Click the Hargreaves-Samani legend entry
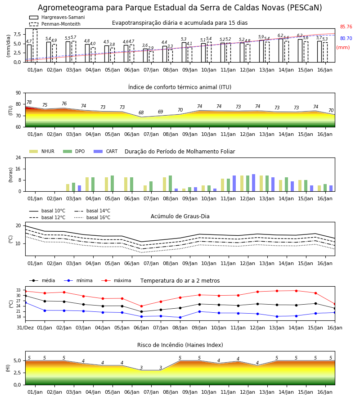tap(57, 17)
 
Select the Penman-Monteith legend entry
tap(55, 24)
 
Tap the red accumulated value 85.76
tap(346, 27)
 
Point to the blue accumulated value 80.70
tap(346, 38)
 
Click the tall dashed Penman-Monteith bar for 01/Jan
tap(35, 46)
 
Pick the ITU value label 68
tap(141, 112)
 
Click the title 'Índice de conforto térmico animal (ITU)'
tap(180, 87)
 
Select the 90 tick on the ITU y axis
tap(18, 93)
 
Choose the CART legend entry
tap(105, 151)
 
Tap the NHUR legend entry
tap(41, 151)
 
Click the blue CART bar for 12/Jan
tap(254, 183)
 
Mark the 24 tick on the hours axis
tap(18, 157)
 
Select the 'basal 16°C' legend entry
tap(92, 217)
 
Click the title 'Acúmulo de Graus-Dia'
tap(180, 216)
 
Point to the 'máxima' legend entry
tap(116, 280)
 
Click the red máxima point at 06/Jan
tap(141, 306)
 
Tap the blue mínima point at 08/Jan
tap(180, 317)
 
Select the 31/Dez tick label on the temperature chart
tap(25, 328)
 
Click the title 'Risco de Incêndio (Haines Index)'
tap(180, 345)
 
